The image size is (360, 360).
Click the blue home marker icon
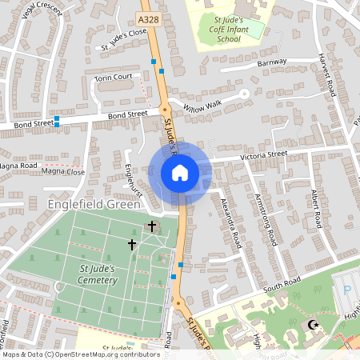(180, 172)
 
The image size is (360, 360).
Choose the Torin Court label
(113, 78)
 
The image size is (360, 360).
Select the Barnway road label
(272, 63)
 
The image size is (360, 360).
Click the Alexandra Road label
(230, 222)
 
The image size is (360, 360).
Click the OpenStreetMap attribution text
(80, 354)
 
